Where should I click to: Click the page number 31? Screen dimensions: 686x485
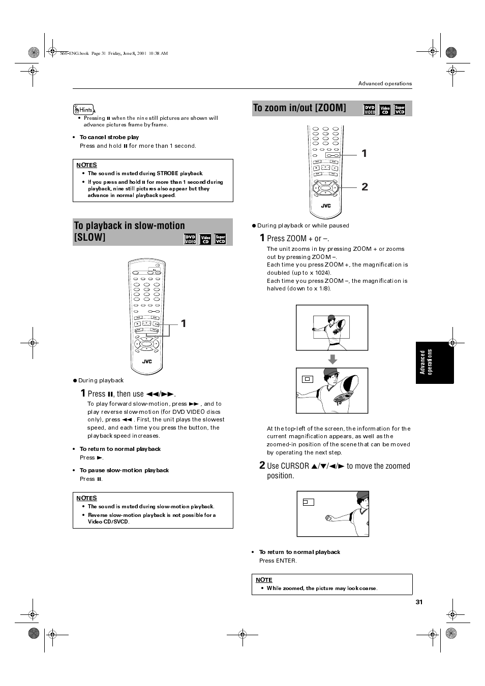pos(419,602)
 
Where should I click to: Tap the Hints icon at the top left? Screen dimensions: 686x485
pos(84,109)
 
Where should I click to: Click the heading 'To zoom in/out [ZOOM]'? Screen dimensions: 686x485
pos(299,108)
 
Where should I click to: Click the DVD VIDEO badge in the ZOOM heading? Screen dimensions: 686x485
pos(369,110)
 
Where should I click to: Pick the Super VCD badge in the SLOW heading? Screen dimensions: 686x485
pos(220,239)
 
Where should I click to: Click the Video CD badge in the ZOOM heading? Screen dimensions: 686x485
pos(385,110)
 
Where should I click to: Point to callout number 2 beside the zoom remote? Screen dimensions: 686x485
pos(365,187)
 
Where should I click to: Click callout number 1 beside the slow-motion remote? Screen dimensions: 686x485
pos(184,323)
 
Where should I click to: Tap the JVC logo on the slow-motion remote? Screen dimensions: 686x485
pos(146,362)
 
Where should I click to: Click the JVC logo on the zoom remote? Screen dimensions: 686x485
pos(325,206)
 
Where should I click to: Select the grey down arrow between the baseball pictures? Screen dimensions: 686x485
pos(332,359)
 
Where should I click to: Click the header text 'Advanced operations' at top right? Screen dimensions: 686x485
pos(385,83)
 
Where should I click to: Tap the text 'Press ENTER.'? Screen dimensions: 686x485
pos(278,561)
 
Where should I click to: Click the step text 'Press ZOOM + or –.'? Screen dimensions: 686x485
pos(297,238)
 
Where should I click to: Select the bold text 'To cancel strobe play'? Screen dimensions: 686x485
pos(109,137)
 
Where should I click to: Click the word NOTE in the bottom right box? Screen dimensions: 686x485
pos(264,580)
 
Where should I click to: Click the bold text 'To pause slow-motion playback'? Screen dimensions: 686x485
pos(124,470)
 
